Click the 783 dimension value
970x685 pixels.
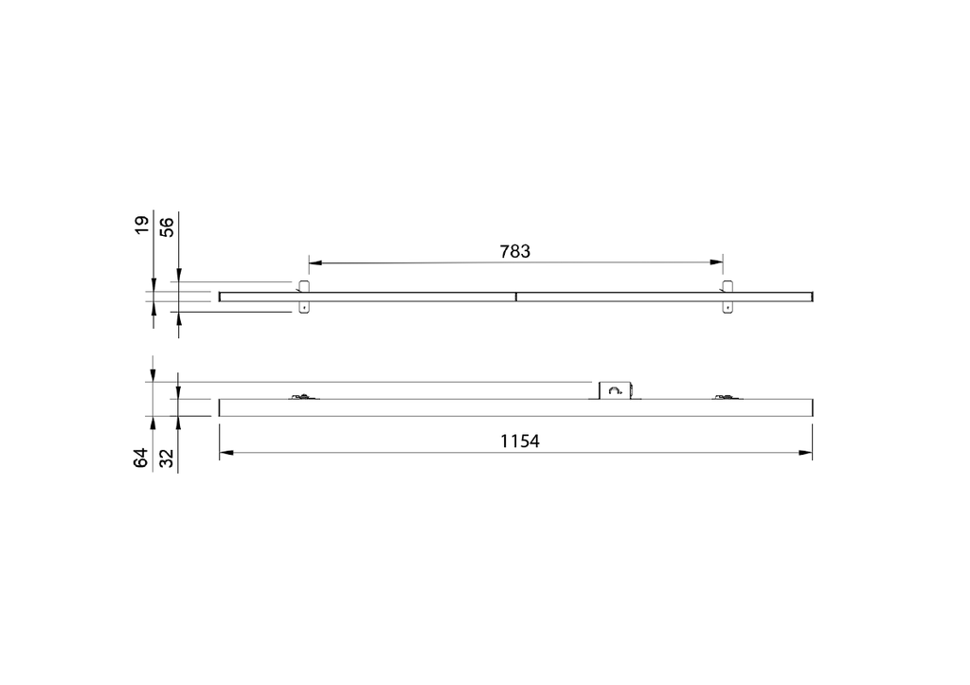514,252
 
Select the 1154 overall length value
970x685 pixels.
519,442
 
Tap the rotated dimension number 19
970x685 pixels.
142,225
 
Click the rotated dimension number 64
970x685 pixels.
142,459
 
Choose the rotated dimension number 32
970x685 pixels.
167,459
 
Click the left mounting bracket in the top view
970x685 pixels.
304,297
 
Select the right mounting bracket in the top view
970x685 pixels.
727,297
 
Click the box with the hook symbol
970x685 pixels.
614,389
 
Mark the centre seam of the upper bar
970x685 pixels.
516,297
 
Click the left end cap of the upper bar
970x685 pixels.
221,297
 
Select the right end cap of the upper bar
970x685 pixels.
812,297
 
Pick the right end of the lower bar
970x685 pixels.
812,407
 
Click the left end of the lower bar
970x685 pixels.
221,407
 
